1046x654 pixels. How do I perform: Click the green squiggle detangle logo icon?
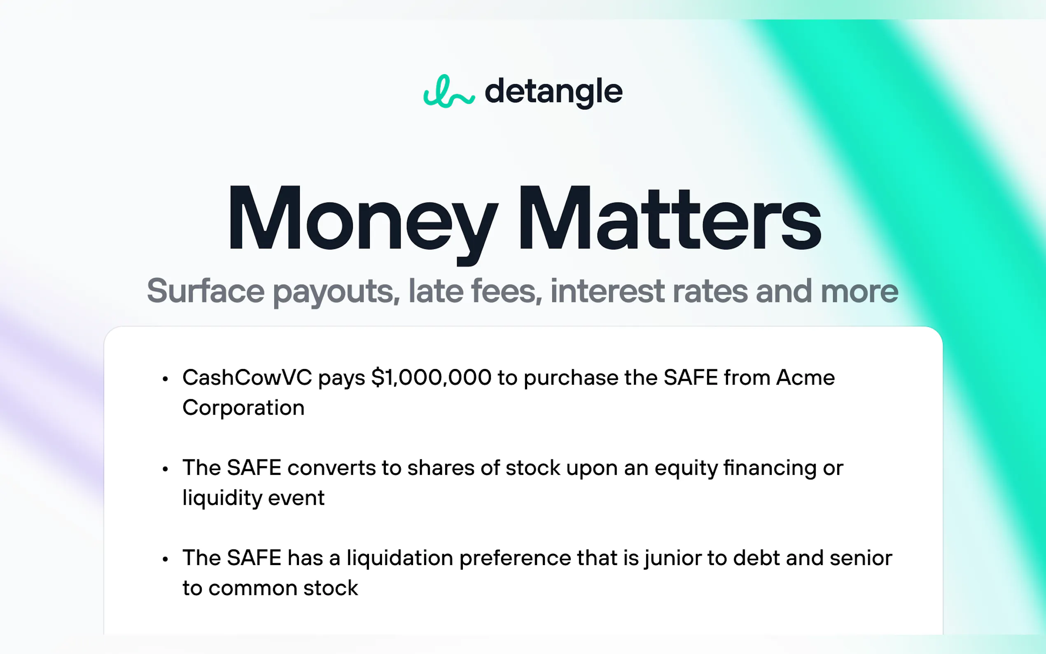pos(448,92)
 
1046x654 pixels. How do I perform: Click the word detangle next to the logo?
pos(553,92)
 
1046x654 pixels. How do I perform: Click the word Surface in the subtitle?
pos(205,291)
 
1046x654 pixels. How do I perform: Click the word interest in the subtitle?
pos(607,291)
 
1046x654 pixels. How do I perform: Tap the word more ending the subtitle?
pos(859,291)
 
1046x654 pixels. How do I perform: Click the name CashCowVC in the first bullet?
pos(247,377)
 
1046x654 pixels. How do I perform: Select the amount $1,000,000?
pos(431,377)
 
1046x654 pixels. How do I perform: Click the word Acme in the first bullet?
pos(805,377)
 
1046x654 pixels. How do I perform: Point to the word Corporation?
pos(243,407)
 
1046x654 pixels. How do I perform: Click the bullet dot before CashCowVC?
pos(165,379)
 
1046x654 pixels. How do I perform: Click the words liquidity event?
pos(253,498)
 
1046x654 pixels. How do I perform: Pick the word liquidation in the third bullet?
pos(399,558)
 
